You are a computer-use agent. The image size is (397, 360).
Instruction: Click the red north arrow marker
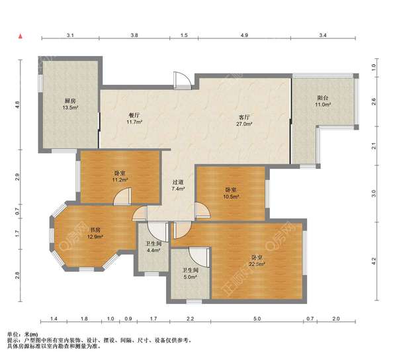(x=21, y=36)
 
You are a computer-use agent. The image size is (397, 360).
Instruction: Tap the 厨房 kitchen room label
(x=70, y=101)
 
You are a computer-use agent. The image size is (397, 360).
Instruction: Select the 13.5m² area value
(x=70, y=108)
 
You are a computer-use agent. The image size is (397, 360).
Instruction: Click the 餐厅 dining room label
(x=134, y=115)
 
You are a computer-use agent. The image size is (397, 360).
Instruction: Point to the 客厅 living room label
(x=244, y=118)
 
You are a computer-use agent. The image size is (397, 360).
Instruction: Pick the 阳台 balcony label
(x=323, y=98)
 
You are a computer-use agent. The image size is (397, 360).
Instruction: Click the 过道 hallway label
(x=178, y=182)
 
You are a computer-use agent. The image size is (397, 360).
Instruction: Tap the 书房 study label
(x=95, y=230)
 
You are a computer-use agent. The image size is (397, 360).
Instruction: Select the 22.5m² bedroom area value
(x=257, y=264)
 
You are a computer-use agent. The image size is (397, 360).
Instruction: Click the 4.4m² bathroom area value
(x=154, y=250)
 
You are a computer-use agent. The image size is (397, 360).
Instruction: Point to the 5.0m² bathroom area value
(x=191, y=277)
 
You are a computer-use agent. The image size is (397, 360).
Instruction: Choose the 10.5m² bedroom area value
(x=231, y=196)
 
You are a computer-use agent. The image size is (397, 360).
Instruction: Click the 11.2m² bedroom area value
(x=120, y=180)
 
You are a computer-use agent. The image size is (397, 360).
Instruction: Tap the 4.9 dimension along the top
(x=244, y=35)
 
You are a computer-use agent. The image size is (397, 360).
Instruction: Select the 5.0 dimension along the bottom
(x=257, y=319)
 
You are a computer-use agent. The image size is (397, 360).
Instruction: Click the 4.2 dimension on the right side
(x=374, y=261)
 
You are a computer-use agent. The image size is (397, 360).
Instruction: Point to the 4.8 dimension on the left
(x=17, y=105)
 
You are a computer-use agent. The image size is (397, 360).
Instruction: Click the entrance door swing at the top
(x=183, y=80)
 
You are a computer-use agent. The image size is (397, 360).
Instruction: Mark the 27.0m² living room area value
(x=244, y=124)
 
